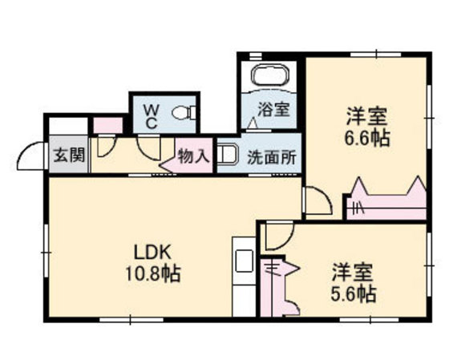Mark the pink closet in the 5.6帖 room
(281, 285)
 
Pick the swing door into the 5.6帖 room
(279, 237)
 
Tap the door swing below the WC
(149, 149)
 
